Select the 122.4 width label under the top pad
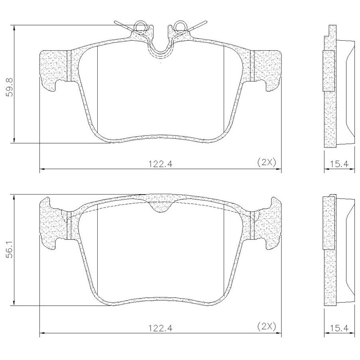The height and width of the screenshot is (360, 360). (160, 164)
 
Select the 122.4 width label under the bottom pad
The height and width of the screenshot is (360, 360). (160, 328)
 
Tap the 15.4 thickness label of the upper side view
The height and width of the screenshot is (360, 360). (339, 164)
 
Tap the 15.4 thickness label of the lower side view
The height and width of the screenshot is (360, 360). (339, 328)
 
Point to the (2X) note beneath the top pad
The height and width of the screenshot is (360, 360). (266, 162)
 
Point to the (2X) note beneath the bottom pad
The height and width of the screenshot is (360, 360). (266, 326)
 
